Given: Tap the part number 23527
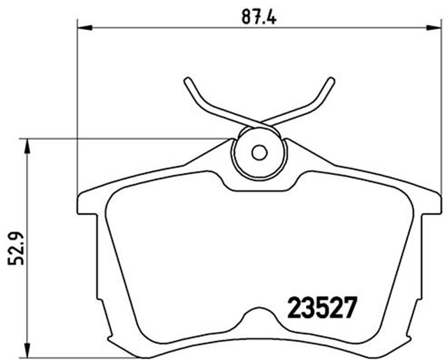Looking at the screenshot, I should click(323, 306).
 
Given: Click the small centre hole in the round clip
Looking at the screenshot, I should click(259, 152).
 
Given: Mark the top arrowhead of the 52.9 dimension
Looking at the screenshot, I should click(27, 145).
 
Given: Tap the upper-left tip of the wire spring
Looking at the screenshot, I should click(188, 79).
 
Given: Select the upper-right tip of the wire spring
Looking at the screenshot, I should click(330, 79).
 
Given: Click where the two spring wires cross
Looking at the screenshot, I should click(259, 123).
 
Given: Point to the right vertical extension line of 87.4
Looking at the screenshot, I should click(441, 105).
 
